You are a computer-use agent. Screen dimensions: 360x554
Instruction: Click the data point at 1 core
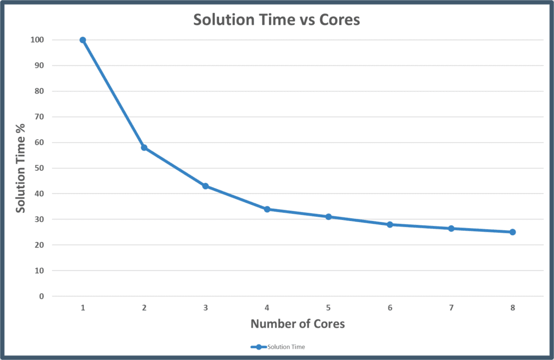(x=83, y=40)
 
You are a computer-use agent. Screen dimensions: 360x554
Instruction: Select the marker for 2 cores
(x=144, y=148)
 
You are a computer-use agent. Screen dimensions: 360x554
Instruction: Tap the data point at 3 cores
(x=206, y=186)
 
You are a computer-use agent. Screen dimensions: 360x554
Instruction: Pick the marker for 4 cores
(x=267, y=209)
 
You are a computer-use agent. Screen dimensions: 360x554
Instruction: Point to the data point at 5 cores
(x=328, y=217)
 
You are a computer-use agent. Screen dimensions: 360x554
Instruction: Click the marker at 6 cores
(x=390, y=224)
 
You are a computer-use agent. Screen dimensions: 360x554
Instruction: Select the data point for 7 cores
(x=451, y=228)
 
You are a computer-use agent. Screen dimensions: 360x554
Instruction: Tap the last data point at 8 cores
(x=512, y=232)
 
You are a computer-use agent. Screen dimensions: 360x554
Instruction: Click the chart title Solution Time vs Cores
(x=276, y=19)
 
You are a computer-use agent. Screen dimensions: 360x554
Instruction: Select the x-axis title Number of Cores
(x=298, y=324)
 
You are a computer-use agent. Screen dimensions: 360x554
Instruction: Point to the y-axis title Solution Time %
(x=20, y=168)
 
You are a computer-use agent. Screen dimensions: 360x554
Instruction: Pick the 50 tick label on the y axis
(x=39, y=168)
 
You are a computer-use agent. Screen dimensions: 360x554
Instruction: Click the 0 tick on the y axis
(x=41, y=296)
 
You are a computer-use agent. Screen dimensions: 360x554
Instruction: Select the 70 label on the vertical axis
(x=39, y=117)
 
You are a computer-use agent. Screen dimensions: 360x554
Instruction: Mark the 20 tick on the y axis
(x=39, y=245)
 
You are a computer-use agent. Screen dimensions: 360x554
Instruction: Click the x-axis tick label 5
(x=328, y=308)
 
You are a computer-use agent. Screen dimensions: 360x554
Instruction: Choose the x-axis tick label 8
(x=512, y=308)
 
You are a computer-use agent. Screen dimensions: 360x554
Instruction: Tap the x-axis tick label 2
(x=144, y=308)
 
